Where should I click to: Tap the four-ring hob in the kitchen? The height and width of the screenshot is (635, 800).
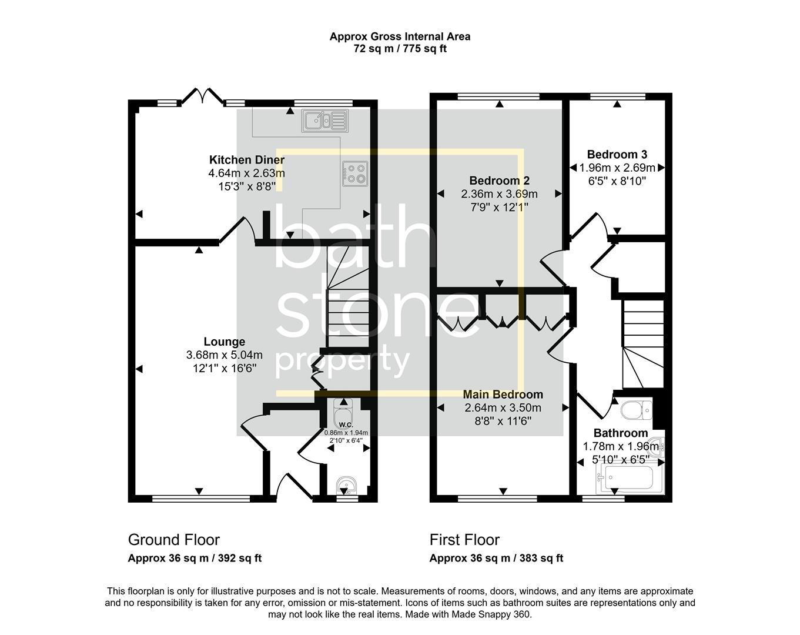click(x=356, y=173)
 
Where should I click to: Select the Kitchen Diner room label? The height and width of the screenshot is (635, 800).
click(x=246, y=160)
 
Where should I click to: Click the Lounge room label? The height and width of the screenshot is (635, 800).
click(x=224, y=342)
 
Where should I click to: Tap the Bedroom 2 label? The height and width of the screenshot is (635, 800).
click(x=499, y=181)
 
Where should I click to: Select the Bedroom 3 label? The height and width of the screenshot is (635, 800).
click(x=617, y=155)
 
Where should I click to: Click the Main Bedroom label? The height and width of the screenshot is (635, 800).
click(x=503, y=394)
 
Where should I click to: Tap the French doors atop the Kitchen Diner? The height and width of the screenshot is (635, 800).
click(x=203, y=96)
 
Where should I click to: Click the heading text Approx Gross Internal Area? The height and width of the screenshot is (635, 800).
click(x=400, y=36)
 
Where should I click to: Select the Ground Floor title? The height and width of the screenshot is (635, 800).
click(x=174, y=540)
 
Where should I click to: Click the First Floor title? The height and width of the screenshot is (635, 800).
click(x=464, y=540)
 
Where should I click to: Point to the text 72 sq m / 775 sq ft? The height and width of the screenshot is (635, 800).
click(x=400, y=49)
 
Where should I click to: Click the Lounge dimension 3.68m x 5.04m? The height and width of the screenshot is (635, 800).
click(x=224, y=355)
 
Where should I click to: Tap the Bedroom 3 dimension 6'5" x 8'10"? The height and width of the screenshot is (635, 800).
click(x=617, y=181)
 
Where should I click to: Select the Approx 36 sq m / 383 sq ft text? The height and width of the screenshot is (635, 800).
click(x=496, y=559)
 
